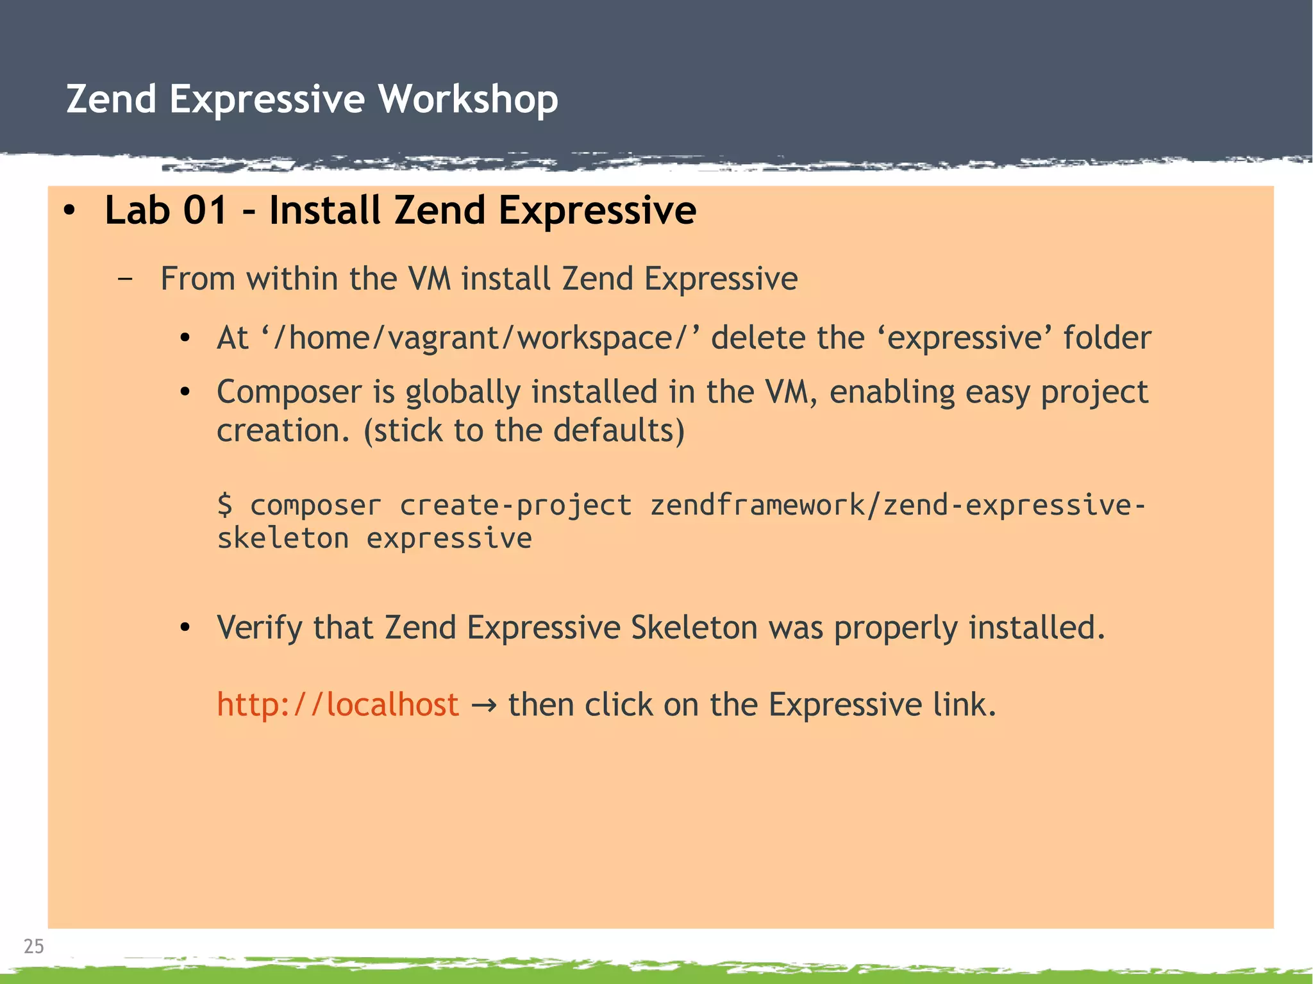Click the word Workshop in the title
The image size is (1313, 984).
point(467,100)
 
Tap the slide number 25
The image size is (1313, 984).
point(33,946)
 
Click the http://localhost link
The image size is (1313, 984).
point(338,705)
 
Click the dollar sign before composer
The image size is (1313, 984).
point(225,505)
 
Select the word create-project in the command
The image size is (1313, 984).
point(515,505)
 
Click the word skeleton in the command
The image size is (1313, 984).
point(283,538)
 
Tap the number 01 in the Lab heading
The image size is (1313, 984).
point(205,210)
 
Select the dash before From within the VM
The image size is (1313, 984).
point(126,279)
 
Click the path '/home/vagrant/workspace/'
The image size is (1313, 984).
point(480,338)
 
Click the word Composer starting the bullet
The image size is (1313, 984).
point(289,392)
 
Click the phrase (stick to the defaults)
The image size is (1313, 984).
point(524,431)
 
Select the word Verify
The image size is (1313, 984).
point(259,628)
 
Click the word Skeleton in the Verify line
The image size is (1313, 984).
point(694,628)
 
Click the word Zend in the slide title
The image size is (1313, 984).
point(112,100)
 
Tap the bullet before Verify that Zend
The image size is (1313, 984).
point(185,628)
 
